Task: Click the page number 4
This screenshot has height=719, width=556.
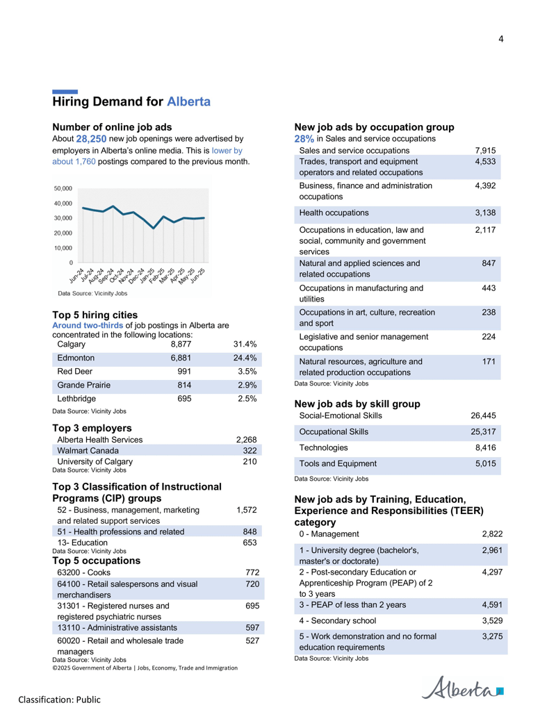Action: tap(501, 39)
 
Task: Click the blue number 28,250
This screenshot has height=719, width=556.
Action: tap(91, 139)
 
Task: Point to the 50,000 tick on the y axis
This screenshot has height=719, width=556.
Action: tap(63, 188)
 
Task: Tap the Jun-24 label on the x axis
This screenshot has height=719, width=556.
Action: tap(76, 275)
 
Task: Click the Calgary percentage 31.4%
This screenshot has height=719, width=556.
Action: tap(245, 345)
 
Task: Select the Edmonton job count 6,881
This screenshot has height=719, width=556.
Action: tap(181, 358)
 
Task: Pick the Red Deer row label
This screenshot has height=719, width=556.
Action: tap(75, 372)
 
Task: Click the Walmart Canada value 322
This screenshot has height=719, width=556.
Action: tap(250, 451)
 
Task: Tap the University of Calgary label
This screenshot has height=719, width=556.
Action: tap(95, 462)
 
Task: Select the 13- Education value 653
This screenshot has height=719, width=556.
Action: tap(250, 543)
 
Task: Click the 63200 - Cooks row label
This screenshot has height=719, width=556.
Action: tap(83, 572)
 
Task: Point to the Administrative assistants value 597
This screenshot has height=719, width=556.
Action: tap(252, 628)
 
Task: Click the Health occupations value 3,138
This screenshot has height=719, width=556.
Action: tap(485, 213)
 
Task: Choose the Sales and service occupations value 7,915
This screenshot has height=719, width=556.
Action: tap(485, 151)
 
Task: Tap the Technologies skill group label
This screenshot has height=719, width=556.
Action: tap(323, 448)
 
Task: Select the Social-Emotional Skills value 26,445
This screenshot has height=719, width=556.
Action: tap(483, 416)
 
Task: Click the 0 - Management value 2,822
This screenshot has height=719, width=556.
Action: tap(492, 534)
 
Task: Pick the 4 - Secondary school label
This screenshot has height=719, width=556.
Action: tap(338, 621)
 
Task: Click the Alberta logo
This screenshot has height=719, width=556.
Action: tap(462, 688)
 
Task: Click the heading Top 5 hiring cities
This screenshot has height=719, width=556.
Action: tap(95, 315)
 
